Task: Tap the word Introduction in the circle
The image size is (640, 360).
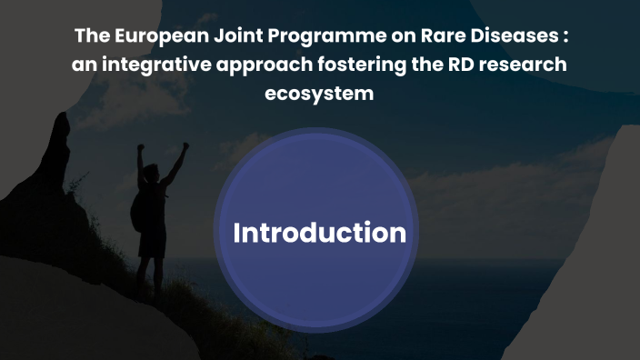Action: click(319, 233)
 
